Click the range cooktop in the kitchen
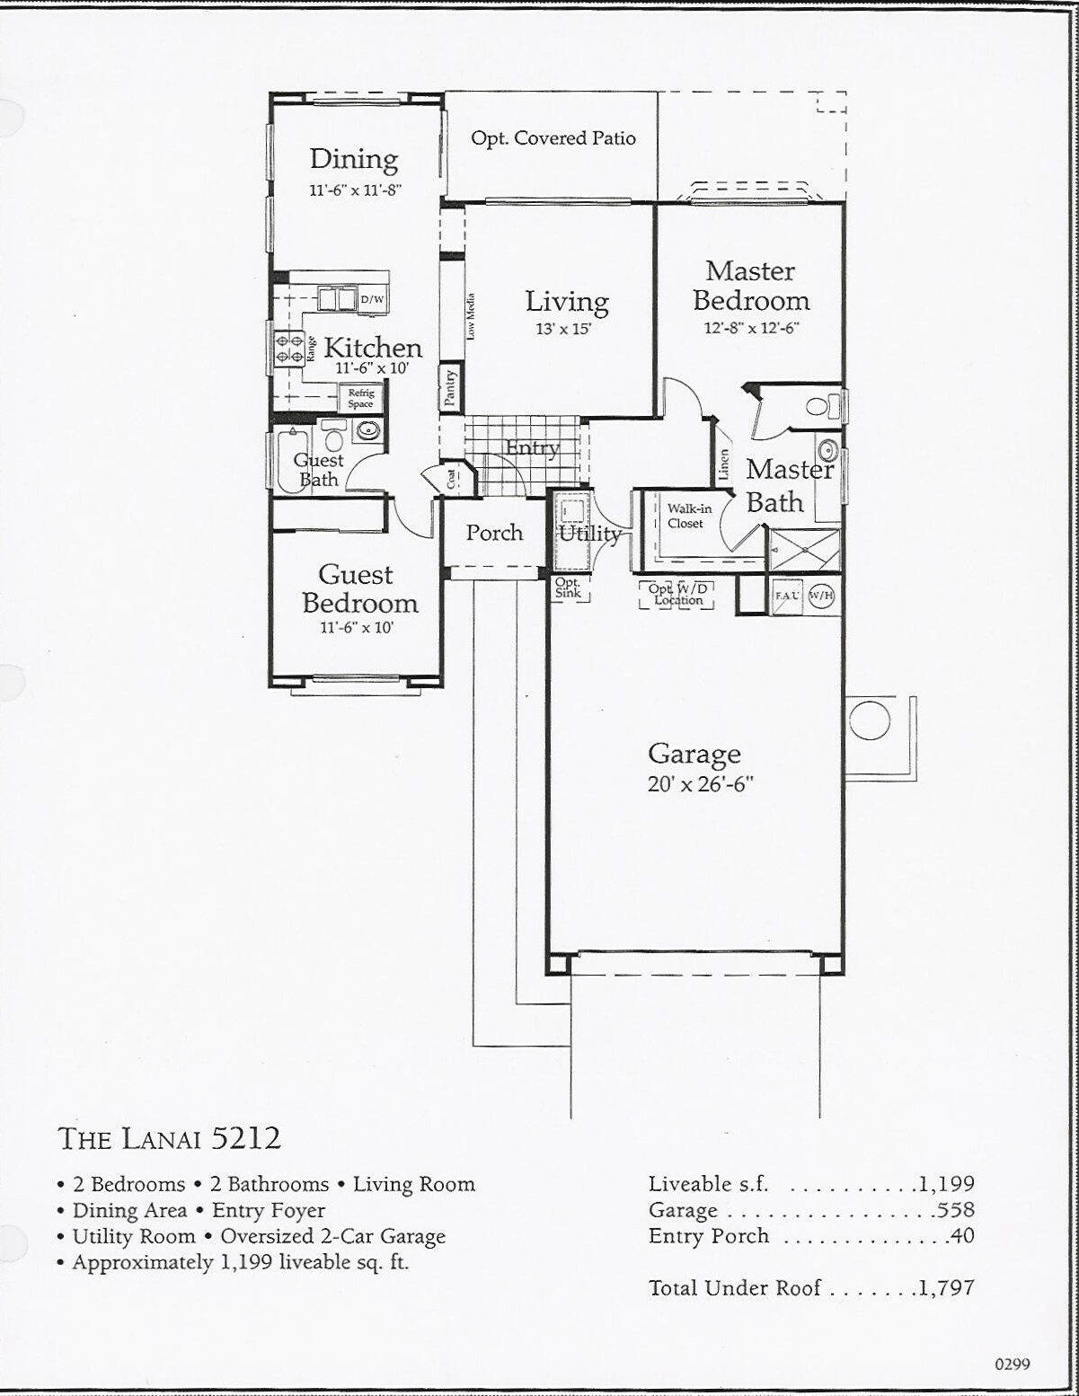[289, 349]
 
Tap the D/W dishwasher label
[373, 299]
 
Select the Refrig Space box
[360, 398]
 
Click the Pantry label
[450, 388]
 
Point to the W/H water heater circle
[821, 596]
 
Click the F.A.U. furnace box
[787, 596]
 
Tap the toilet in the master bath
[823, 406]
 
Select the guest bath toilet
[333, 435]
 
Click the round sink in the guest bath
[368, 430]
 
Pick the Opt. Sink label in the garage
[568, 588]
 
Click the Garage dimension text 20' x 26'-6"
[700, 783]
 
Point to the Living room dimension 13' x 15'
[563, 329]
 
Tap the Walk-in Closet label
[688, 516]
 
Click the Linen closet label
[724, 464]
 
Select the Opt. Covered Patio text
[553, 138]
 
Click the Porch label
[494, 533]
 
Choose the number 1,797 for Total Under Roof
[946, 1287]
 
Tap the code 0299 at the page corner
[1013, 1364]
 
